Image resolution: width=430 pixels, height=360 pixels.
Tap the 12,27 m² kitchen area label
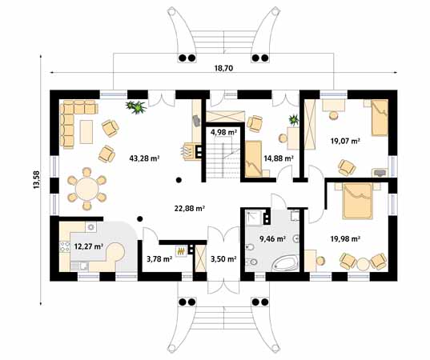[88, 246]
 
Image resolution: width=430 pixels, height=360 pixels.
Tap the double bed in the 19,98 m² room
[356, 201]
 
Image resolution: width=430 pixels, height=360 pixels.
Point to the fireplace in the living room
[191, 150]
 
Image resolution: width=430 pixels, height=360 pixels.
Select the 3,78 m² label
[159, 258]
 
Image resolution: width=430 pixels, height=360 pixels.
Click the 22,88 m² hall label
[190, 208]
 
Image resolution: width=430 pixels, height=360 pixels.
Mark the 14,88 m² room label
[278, 158]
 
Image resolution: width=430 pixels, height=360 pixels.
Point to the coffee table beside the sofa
[87, 128]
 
